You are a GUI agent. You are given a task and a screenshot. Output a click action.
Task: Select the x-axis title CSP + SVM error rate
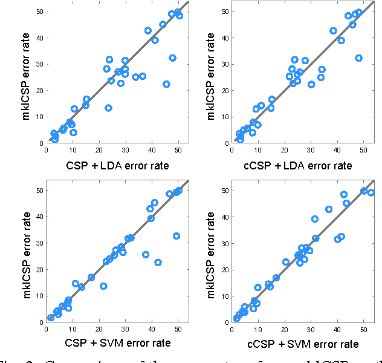(x=117, y=343)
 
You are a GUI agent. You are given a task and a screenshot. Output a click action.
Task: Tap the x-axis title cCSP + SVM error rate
(x=303, y=344)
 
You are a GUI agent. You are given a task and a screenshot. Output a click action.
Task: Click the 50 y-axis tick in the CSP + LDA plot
(x=39, y=11)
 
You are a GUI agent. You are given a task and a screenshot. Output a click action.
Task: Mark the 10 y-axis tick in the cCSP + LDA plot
(x=225, y=117)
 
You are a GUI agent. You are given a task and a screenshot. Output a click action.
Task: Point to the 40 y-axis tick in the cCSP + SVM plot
(x=225, y=217)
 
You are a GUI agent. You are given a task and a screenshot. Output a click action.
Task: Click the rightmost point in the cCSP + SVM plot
(x=371, y=192)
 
